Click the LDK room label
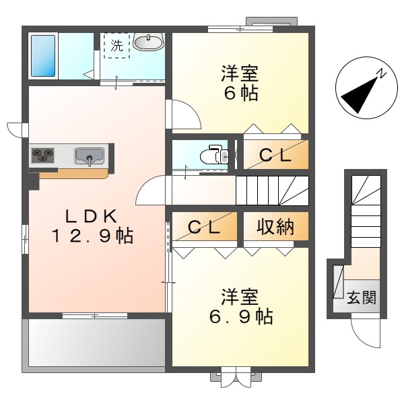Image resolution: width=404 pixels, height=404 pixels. pyautogui.click(x=92, y=216)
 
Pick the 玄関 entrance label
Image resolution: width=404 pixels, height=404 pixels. pyautogui.click(x=361, y=297)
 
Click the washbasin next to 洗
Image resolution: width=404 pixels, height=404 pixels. pyautogui.click(x=147, y=43)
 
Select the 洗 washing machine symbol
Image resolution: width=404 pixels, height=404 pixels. pyautogui.click(x=117, y=46)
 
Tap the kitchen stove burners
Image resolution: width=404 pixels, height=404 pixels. pyautogui.click(x=43, y=156)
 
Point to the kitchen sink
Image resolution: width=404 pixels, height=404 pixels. pyautogui.click(x=89, y=156)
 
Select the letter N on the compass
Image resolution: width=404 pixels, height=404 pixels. pyautogui.click(x=381, y=73)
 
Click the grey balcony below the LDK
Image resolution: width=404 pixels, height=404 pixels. pyautogui.click(x=94, y=344)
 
